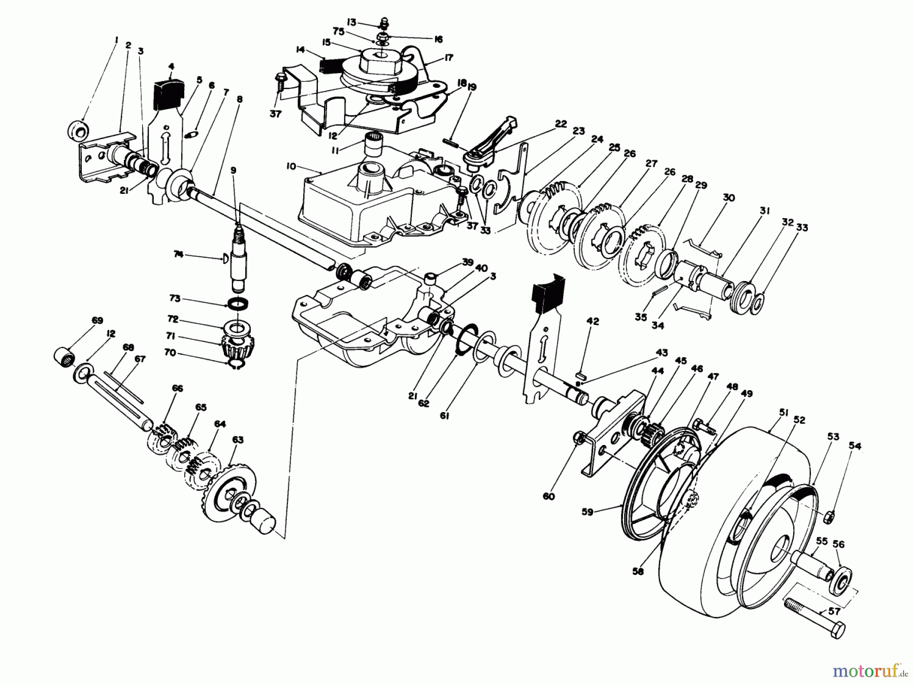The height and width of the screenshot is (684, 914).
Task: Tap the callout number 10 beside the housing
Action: coord(290,166)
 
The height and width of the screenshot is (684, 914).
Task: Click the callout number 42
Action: coord(593,321)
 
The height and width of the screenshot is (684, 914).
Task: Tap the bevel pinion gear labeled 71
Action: coord(234,348)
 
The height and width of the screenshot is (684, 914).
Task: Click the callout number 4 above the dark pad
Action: coord(171,66)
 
